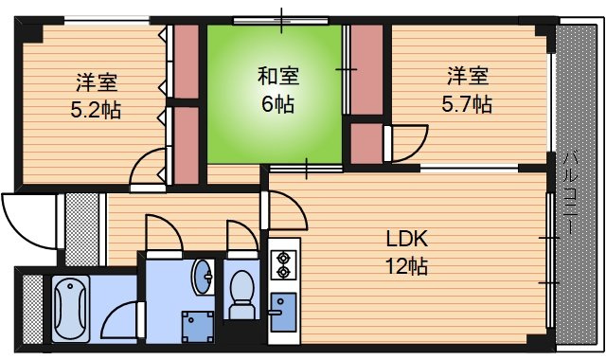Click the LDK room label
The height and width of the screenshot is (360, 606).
click(x=407, y=240)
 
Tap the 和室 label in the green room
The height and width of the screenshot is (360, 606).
click(x=278, y=76)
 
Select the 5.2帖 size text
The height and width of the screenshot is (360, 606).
click(x=96, y=110)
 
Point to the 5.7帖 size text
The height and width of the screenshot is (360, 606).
click(x=467, y=103)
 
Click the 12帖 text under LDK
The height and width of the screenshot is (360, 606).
click(x=406, y=266)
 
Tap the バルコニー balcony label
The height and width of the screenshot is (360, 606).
click(x=570, y=193)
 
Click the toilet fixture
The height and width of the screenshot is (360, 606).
click(x=242, y=295)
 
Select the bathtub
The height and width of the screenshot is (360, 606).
click(x=71, y=309)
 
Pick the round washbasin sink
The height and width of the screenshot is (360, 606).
click(x=203, y=277)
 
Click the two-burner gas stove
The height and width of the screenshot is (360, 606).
click(x=284, y=265)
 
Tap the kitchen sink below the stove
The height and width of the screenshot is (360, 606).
click(x=283, y=312)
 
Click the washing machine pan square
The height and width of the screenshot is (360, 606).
click(x=198, y=327)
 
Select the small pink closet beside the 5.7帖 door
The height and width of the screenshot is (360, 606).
click(x=366, y=143)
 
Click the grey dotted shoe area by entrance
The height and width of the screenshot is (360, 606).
click(x=82, y=229)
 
